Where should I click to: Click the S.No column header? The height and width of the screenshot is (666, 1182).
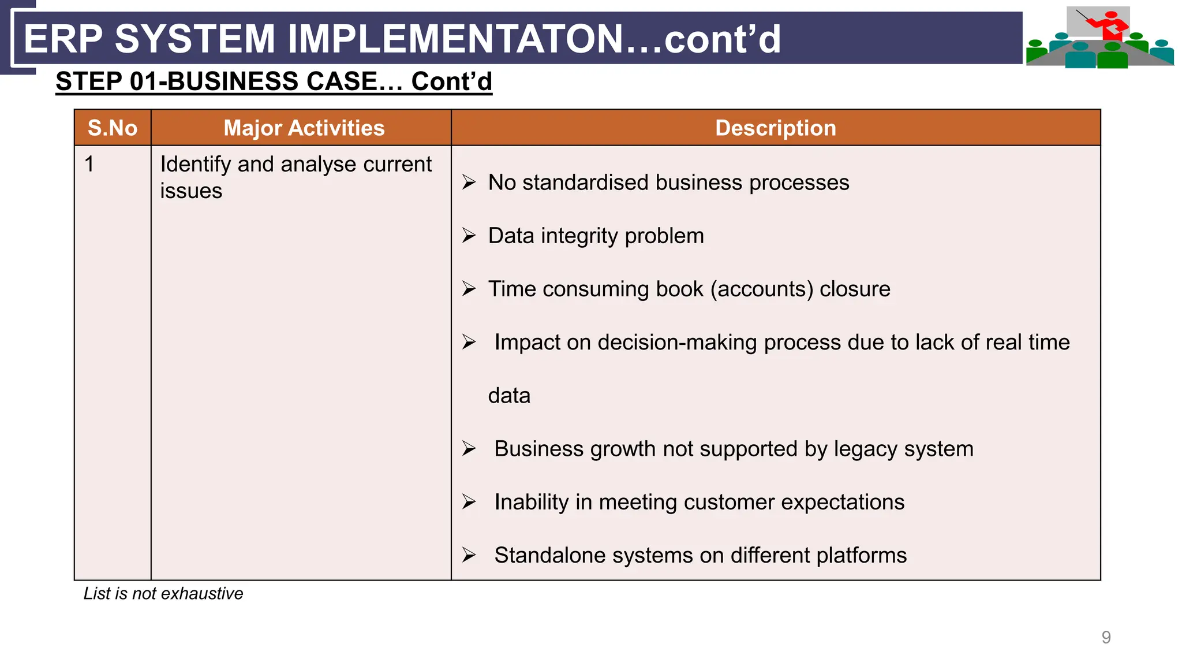[113, 128]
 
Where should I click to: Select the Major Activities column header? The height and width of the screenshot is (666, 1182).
[304, 128]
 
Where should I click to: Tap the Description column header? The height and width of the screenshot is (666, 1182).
[775, 128]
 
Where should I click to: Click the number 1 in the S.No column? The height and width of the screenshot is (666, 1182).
[89, 165]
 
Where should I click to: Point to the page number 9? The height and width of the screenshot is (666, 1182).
[1106, 637]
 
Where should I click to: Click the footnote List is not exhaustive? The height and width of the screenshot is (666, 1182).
[163, 594]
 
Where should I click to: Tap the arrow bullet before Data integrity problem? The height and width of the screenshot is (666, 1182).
[469, 236]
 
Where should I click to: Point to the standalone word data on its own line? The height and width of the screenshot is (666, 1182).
[509, 396]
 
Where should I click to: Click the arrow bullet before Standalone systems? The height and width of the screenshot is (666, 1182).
[469, 555]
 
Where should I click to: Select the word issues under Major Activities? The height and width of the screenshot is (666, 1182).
[191, 191]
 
